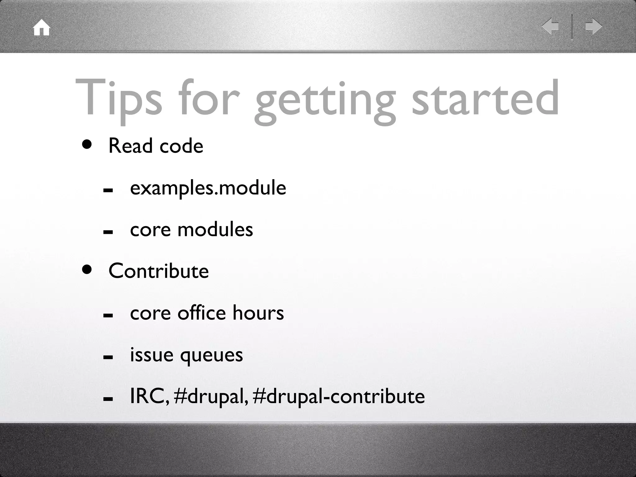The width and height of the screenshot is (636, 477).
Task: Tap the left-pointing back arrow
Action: click(550, 26)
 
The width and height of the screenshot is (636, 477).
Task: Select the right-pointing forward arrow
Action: click(593, 26)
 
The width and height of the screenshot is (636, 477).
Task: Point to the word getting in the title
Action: click(325, 101)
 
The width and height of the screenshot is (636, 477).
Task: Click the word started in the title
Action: click(485, 98)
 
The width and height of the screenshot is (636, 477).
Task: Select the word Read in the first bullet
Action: click(130, 146)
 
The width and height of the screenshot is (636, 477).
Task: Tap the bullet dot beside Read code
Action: click(87, 144)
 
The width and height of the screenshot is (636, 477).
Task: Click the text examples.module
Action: click(208, 188)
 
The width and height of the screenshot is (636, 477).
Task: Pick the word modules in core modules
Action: click(215, 229)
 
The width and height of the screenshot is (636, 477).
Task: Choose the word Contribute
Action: click(158, 271)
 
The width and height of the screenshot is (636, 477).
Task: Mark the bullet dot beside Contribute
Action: click(87, 270)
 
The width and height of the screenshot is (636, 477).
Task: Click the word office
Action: click(201, 313)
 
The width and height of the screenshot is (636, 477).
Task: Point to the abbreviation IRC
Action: click(148, 397)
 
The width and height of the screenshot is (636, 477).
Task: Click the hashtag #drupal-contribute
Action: click(339, 397)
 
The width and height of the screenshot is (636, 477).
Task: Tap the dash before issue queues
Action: click(108, 357)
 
